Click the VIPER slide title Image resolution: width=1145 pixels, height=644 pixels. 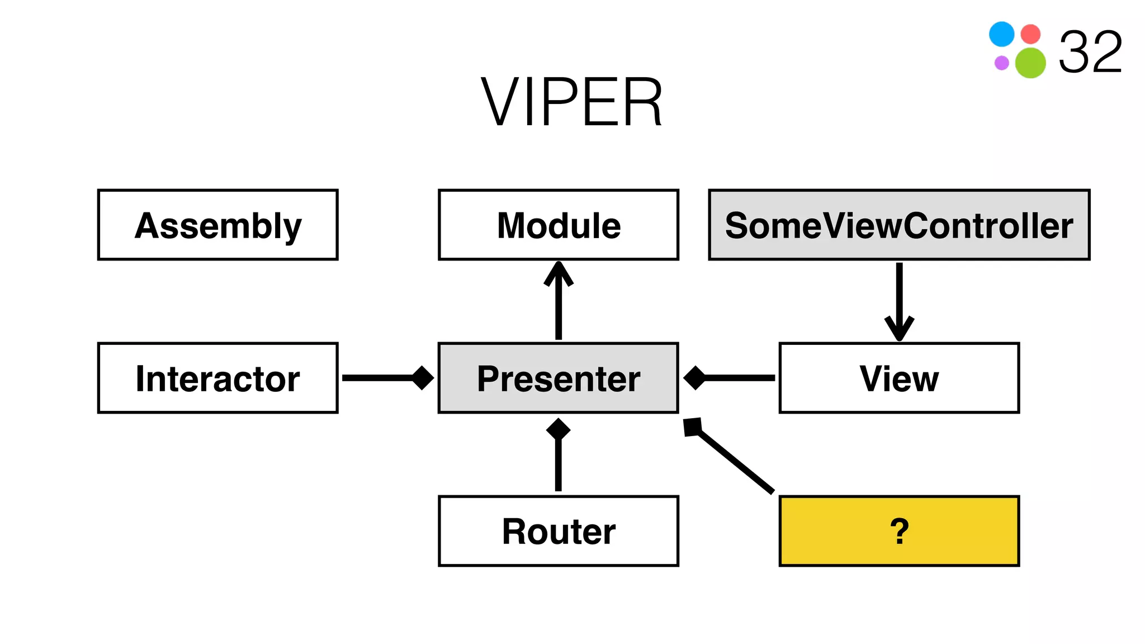571,103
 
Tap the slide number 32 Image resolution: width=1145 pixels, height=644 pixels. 1090,53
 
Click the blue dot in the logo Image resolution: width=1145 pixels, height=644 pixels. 1001,34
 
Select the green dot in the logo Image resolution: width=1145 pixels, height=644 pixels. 1030,63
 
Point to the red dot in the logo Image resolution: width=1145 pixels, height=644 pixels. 1030,34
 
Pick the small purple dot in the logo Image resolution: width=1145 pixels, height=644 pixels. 1001,63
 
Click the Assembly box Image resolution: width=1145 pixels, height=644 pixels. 217,225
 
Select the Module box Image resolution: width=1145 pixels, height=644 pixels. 558,225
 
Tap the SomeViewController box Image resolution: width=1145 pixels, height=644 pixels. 898,225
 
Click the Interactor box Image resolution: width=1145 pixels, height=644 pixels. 217,378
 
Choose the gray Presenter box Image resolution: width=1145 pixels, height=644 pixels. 558,378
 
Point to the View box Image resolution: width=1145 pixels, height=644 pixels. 898,378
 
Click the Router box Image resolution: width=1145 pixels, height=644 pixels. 558,531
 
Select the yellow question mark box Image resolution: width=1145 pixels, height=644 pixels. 898,531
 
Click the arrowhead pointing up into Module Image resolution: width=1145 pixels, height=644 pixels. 558,273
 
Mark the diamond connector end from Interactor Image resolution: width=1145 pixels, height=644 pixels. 423,378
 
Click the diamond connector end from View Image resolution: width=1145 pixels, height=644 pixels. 695,378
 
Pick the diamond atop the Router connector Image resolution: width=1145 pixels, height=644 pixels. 558,429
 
